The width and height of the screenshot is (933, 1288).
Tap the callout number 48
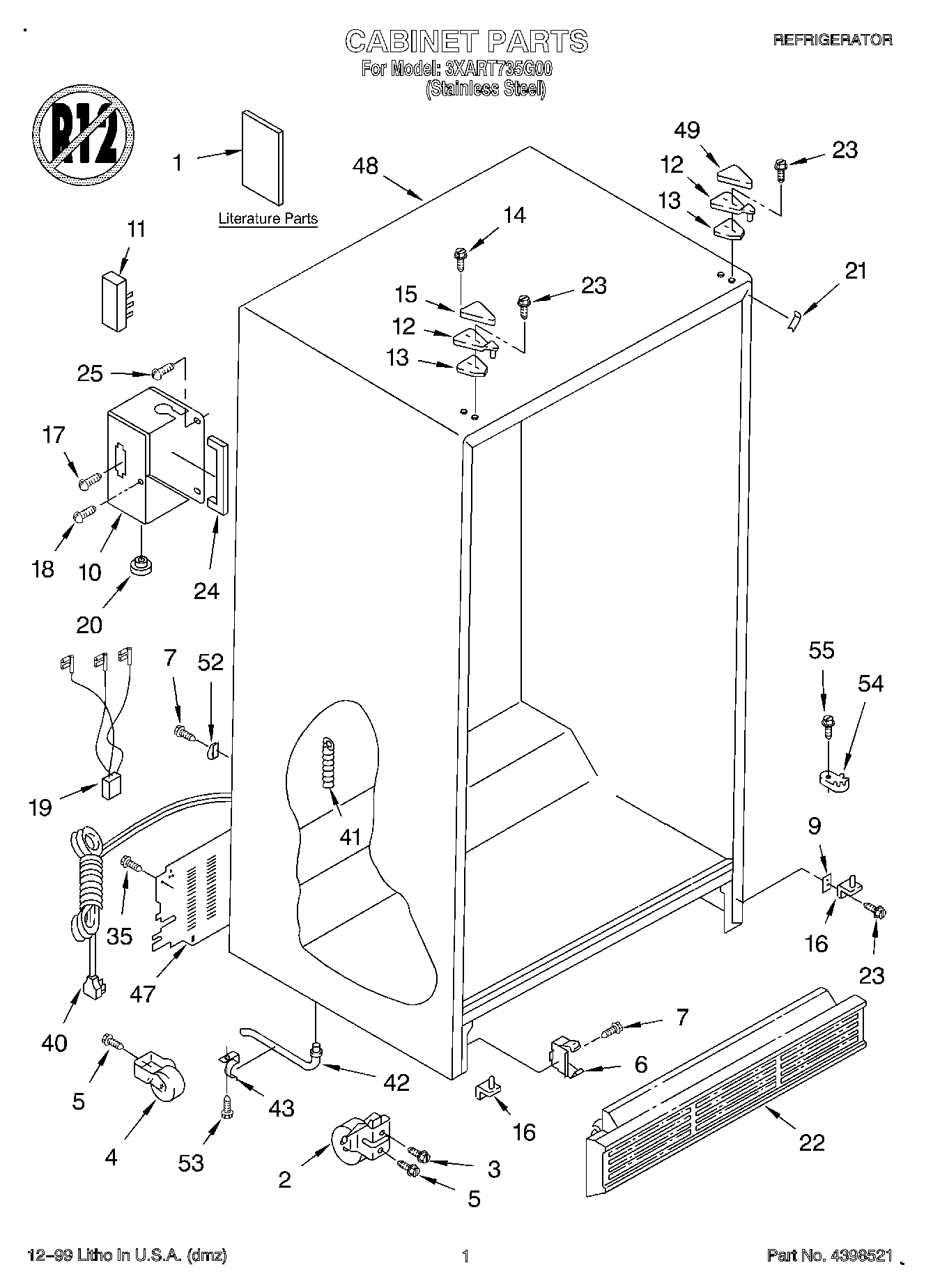[365, 166]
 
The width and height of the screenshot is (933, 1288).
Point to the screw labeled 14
[461, 259]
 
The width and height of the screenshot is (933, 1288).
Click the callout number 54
[870, 683]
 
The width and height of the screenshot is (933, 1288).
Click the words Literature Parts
[268, 219]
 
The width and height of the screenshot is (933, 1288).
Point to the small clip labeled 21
[794, 322]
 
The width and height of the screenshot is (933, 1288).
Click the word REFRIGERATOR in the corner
[833, 40]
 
